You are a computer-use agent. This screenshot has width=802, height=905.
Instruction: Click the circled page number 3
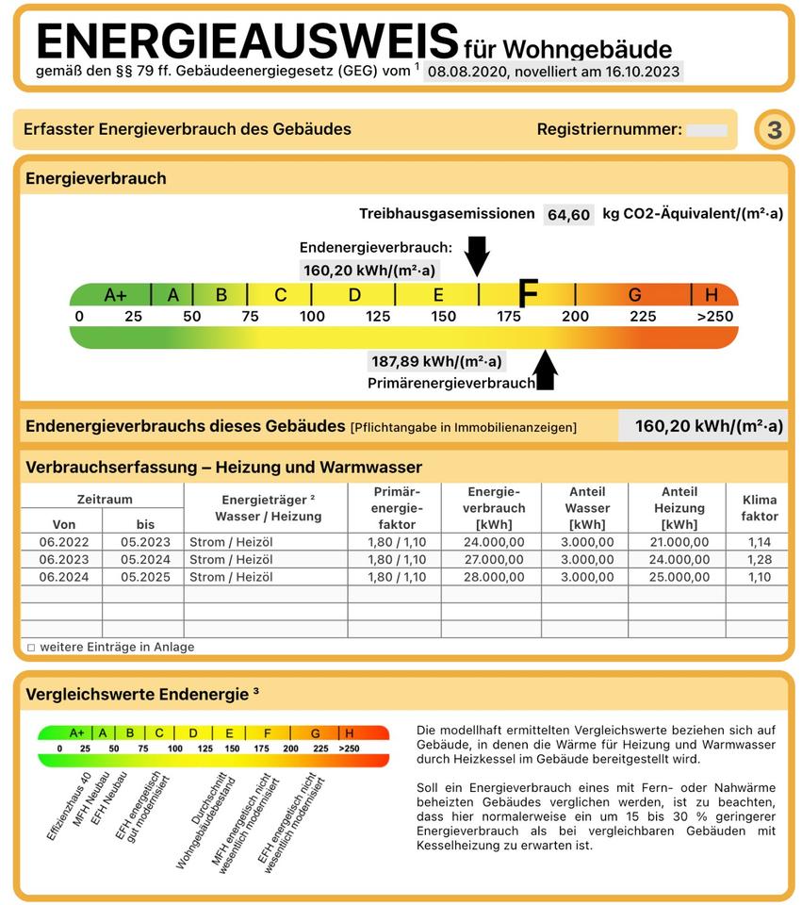coord(774,130)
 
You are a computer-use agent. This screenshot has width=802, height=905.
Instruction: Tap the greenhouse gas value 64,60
coord(568,215)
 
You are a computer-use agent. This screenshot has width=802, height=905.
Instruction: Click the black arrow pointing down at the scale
coord(478,255)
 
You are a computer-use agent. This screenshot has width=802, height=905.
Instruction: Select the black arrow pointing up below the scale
coord(546,370)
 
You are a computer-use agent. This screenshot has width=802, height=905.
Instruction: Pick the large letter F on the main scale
coord(529,294)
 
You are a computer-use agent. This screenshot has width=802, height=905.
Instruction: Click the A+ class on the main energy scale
coord(115,295)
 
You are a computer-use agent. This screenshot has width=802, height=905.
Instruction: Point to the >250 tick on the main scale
coord(714,316)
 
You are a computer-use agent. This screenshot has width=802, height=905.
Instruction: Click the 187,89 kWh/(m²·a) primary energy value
coord(436,361)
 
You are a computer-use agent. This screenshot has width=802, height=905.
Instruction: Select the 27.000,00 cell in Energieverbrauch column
coord(490,559)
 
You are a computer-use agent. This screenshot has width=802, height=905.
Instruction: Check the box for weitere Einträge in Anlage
coord(31,648)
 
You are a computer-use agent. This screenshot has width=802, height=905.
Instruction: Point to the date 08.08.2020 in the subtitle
coord(466,71)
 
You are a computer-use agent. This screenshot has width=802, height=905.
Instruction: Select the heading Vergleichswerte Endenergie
coord(141,694)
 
